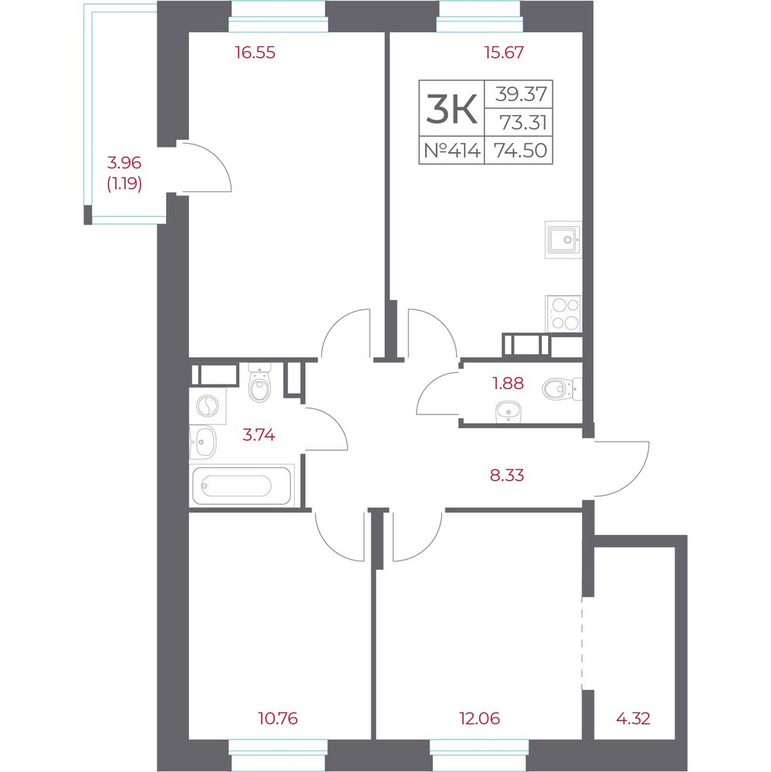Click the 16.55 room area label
pos(255,52)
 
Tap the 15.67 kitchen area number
pos(504,52)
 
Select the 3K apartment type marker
pos(451,109)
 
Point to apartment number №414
pos(452,151)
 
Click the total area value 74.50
pos(520,151)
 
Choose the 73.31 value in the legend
pos(523,122)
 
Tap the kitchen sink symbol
pos(563,240)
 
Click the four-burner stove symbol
pos(563,313)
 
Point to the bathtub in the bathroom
pos(242,486)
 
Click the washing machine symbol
pos(208,406)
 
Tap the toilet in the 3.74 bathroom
pos(259,383)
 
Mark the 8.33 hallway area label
pos(507,475)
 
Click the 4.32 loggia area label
pos(633,718)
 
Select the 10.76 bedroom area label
pos(278,718)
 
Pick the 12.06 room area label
pos(479,718)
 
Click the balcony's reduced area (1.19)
pos(124,185)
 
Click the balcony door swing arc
pos(217,157)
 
